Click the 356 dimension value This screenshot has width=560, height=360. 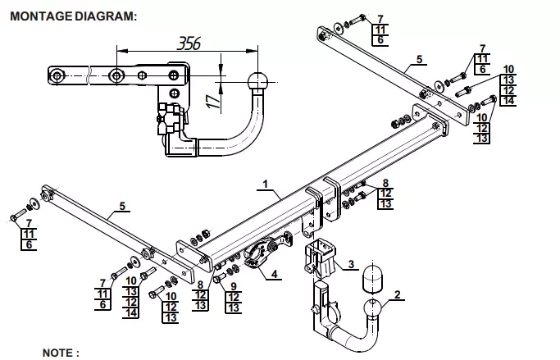tap(189, 43)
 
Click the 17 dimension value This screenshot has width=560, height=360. tap(213, 101)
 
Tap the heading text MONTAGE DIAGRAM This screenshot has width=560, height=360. tap(73, 16)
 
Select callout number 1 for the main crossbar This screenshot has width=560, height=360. tap(266, 185)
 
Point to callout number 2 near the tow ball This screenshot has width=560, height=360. tap(398, 294)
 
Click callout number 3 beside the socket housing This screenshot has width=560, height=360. tap(352, 264)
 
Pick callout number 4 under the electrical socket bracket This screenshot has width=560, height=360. tap(275, 274)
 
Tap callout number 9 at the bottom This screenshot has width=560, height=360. tap(234, 286)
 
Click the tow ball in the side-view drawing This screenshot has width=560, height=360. tap(257, 82)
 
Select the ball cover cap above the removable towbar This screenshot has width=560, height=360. tap(373, 278)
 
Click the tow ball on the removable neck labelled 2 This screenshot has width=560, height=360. tap(374, 308)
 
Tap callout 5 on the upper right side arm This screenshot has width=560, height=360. tap(419, 59)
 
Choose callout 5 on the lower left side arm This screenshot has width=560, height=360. tap(122, 206)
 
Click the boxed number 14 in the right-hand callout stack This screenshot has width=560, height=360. tap(508, 100)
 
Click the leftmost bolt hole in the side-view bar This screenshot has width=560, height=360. tap(56, 75)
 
